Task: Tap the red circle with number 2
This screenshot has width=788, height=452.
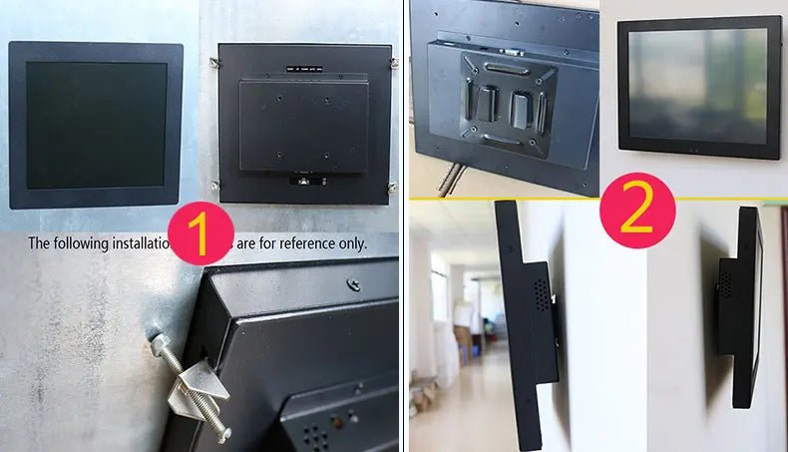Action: click(x=637, y=211)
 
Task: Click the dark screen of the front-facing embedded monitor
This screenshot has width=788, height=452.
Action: click(x=96, y=125)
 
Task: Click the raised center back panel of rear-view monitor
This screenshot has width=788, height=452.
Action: click(x=302, y=125)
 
